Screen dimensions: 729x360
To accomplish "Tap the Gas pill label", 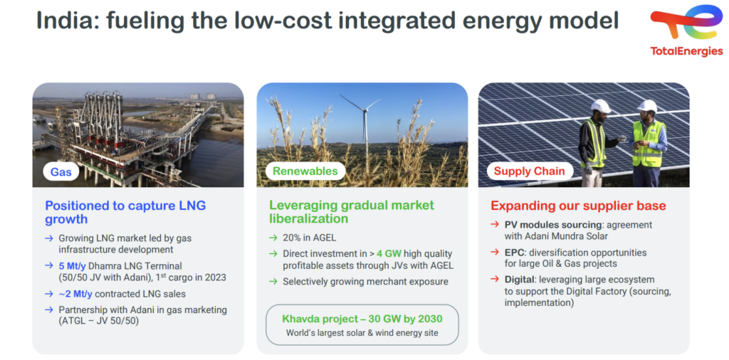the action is point(61,172).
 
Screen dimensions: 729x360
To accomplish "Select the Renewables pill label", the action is point(305,171).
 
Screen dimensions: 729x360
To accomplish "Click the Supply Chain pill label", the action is point(530,171).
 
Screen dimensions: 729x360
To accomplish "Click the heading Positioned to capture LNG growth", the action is point(125,212).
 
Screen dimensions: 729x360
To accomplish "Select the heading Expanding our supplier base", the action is point(578,206).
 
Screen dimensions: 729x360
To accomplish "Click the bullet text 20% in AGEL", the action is point(309,238).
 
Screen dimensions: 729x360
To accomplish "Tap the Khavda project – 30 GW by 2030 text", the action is point(362,319).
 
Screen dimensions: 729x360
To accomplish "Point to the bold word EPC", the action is point(515,253).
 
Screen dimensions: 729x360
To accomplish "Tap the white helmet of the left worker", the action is point(600,106).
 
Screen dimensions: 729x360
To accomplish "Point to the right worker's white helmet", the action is point(647,106).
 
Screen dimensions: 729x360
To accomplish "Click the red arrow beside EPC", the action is point(495,253).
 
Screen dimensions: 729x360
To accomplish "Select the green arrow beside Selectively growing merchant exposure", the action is point(273,282).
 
